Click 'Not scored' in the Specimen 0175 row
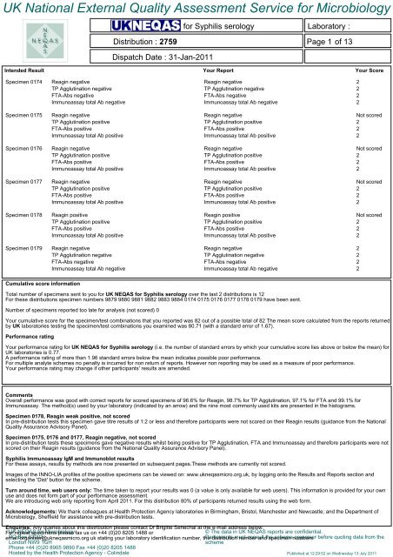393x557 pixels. (x=370, y=138)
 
